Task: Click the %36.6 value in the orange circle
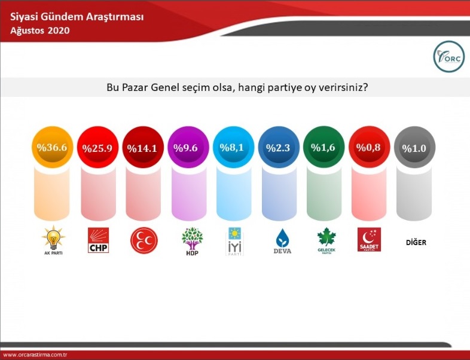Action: click(52, 147)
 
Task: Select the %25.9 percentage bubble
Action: click(97, 147)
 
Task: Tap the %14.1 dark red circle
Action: click(143, 147)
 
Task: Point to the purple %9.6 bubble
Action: click(188, 147)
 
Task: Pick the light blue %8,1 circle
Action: click(233, 147)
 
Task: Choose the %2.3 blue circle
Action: click(279, 147)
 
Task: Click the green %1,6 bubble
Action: click(324, 147)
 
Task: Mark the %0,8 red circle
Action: click(370, 147)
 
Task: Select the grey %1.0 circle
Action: click(414, 147)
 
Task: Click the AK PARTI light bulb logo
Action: click(53, 240)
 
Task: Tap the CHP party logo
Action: click(98, 240)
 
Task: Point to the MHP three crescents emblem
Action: click(144, 240)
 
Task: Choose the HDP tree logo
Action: click(192, 242)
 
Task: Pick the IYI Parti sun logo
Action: click(234, 242)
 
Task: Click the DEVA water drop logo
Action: click(282, 242)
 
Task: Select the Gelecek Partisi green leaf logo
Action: click(326, 241)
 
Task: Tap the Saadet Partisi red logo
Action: click(369, 239)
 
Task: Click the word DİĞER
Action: click(416, 242)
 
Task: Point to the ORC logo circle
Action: click(448, 56)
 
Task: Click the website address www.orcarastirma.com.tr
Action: click(35, 355)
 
